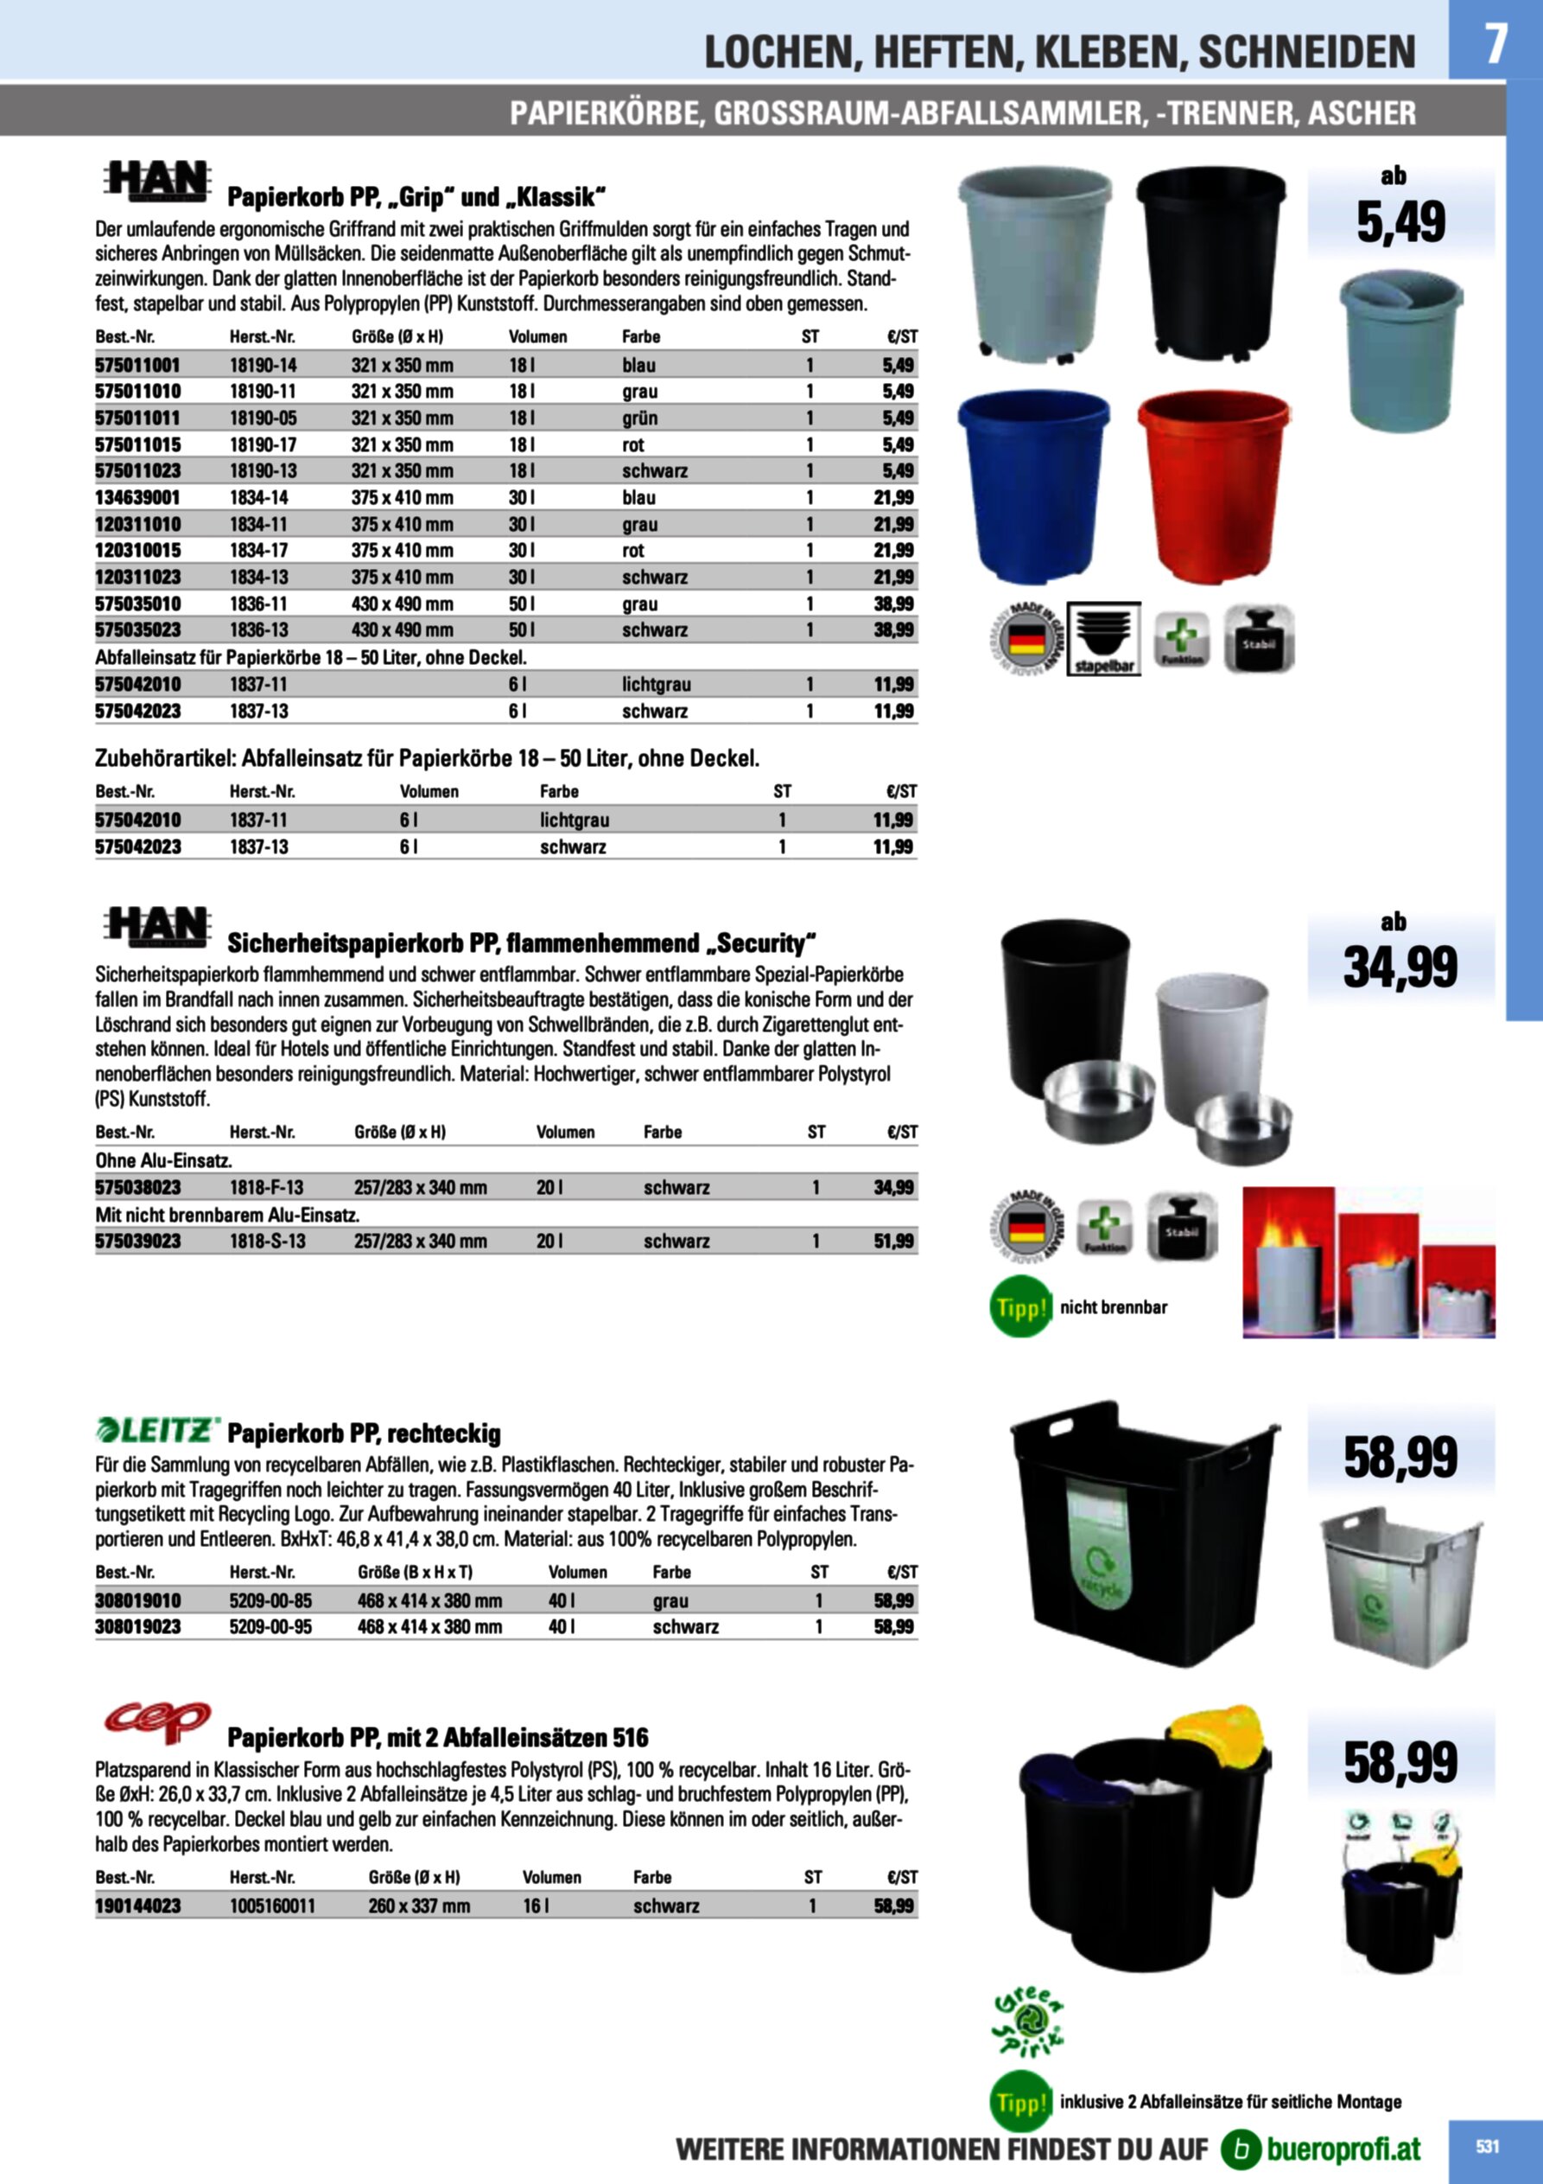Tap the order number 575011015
pos(138,444)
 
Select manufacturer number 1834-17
pos(258,550)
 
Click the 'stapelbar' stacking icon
pos(1104,638)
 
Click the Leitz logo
pos(158,1430)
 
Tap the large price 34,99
pos(1400,967)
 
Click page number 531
pos(1487,2146)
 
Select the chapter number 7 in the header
pos(1495,43)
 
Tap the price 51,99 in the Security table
pos(893,1242)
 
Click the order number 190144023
pos(138,1906)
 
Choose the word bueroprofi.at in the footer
pos(1343,2148)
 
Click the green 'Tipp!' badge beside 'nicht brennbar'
pos(1021,1308)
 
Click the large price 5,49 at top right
pos(1400,222)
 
